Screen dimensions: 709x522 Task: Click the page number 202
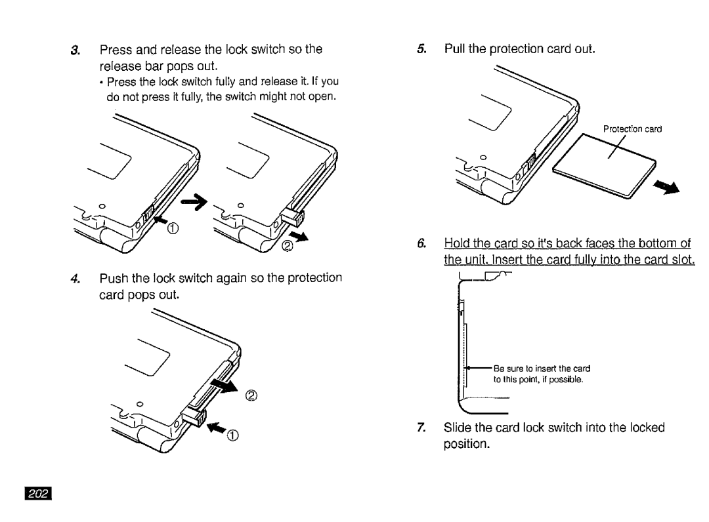39,494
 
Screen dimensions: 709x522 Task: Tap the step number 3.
75,50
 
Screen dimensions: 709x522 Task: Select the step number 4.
75,279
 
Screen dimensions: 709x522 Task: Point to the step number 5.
421,49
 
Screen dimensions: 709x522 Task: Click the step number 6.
421,244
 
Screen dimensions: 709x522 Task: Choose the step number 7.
421,427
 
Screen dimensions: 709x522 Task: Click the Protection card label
632,129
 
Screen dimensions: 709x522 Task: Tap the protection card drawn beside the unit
605,166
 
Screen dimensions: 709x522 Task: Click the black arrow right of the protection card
666,186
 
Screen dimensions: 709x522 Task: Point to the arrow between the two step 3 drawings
194,202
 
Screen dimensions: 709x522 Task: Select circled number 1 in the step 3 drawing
173,228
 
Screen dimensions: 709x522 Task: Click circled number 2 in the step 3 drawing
288,246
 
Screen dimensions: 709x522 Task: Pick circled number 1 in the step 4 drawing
232,435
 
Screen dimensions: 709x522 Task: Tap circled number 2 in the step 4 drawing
251,396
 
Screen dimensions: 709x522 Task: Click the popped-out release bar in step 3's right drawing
293,217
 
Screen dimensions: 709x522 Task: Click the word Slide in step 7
458,427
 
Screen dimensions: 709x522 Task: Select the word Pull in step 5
454,49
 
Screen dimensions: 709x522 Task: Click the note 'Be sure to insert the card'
542,369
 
